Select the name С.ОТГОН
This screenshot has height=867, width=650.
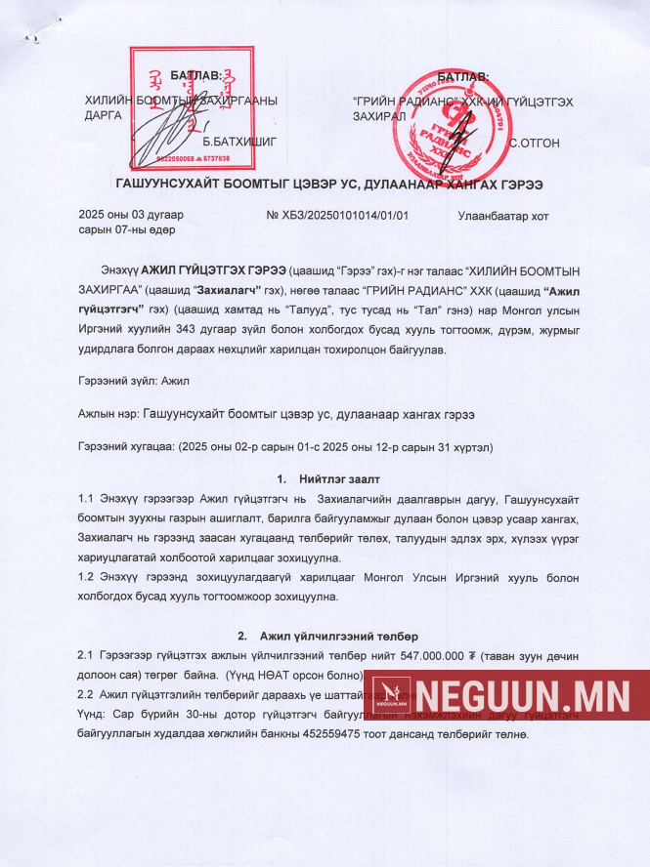coord(535,143)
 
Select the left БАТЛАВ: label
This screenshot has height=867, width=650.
coord(196,76)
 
